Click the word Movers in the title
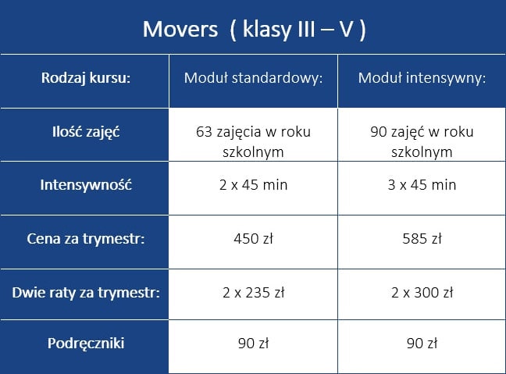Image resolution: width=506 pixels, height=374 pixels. (x=180, y=29)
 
